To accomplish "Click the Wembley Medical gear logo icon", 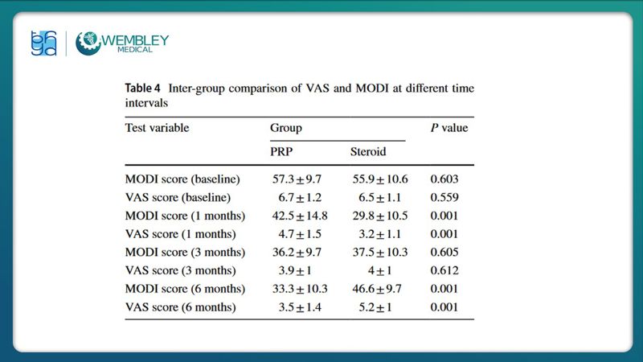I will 88,43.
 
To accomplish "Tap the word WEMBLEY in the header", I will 135,39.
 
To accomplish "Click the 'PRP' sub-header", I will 281,151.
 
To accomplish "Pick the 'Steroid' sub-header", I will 368,151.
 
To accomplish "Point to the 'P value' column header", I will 449,128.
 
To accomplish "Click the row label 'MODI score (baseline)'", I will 183,179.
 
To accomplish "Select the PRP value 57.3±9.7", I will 297,179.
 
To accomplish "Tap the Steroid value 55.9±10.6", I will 379,179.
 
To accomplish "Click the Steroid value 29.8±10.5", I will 379,216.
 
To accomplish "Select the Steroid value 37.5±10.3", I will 379,253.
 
